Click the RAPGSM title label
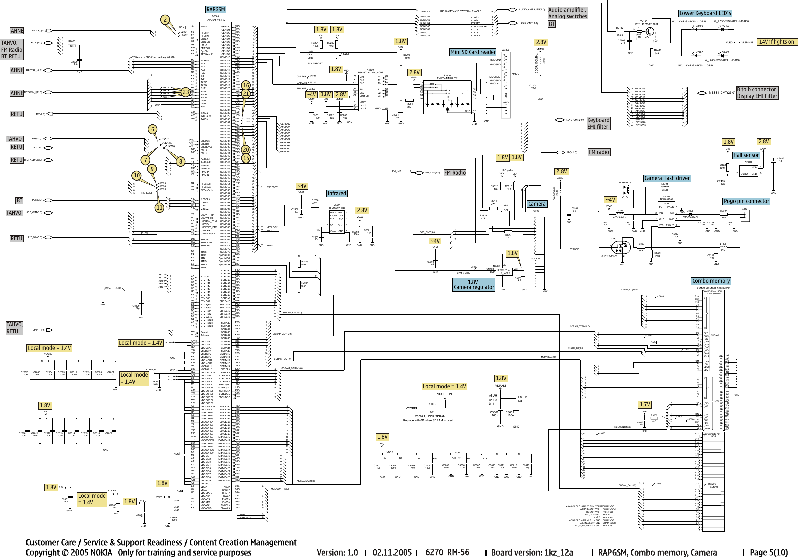[x=215, y=10]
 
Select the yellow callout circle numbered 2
[x=165, y=20]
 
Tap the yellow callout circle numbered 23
[x=186, y=92]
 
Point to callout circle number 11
[x=159, y=208]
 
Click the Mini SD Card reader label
[x=473, y=52]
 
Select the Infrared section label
[x=336, y=193]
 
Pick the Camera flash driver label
[x=667, y=178]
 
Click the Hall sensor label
[x=746, y=155]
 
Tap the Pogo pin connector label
[x=746, y=201]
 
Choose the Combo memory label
[x=711, y=281]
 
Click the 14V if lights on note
[x=777, y=42]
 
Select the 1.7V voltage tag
[x=645, y=404]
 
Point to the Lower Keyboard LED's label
[x=705, y=13]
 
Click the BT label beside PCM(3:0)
[x=19, y=201]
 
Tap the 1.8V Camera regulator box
[x=473, y=285]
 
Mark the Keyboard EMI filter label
[x=598, y=123]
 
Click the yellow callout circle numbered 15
[x=246, y=158]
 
